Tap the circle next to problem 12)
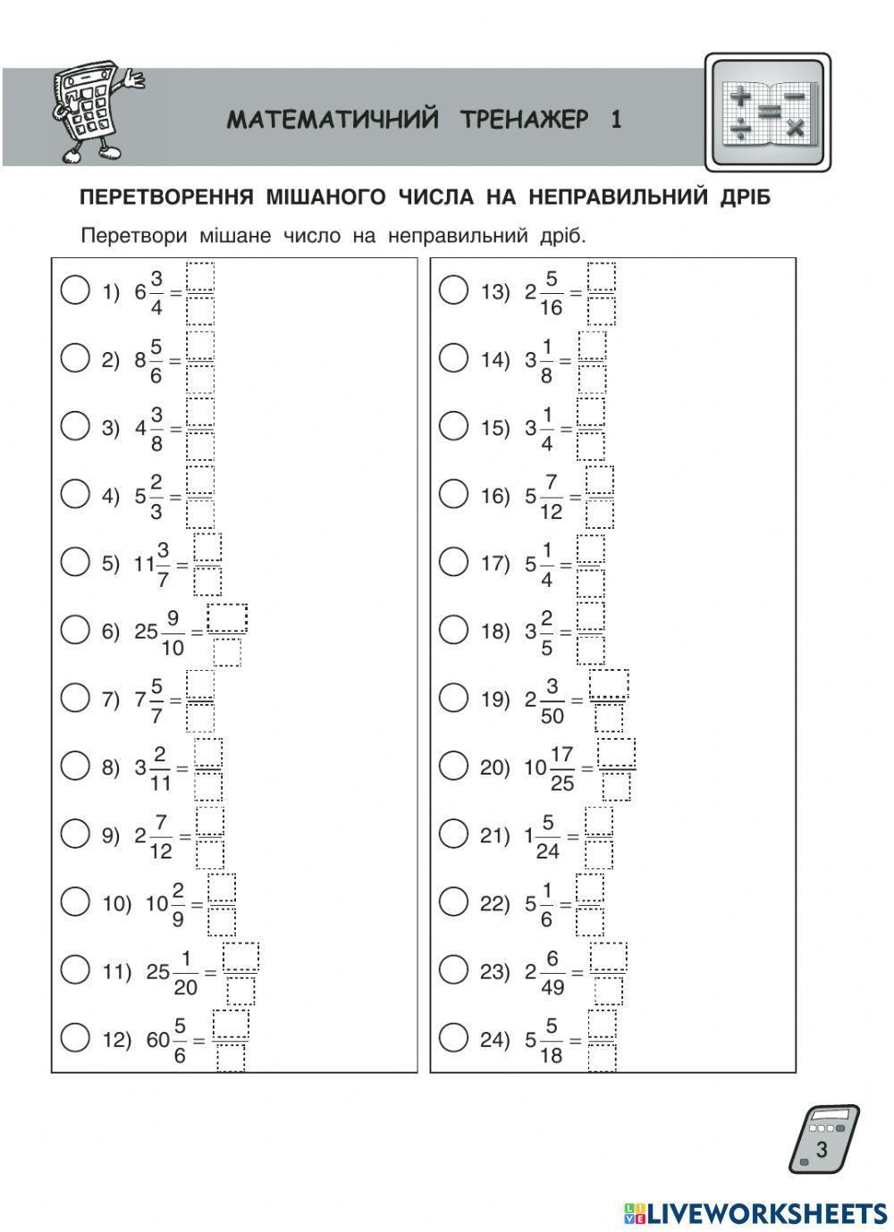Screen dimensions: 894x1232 click(75, 1037)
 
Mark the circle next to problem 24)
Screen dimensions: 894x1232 click(453, 1037)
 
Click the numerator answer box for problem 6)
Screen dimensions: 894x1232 click(227, 618)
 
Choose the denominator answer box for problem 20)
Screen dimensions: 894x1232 click(616, 786)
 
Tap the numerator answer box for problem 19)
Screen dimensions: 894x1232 click(609, 684)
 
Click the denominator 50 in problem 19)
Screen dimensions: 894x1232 click(552, 716)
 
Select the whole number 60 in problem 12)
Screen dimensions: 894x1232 click(158, 1040)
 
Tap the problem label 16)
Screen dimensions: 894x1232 click(494, 496)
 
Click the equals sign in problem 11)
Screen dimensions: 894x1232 click(210, 972)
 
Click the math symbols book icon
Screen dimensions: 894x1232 click(768, 113)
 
